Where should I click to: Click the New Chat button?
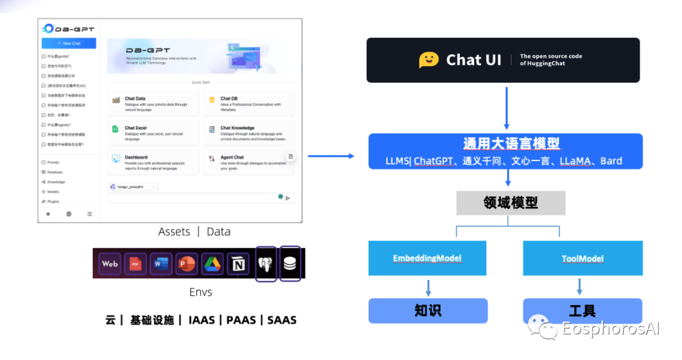69,44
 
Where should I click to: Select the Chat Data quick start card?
153,104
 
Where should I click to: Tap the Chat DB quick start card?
248,104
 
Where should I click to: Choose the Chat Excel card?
153,133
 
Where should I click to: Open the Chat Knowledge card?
248,133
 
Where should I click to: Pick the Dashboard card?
153,162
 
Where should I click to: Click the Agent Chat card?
248,162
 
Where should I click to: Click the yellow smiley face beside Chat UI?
429,60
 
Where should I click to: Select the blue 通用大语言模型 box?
505,151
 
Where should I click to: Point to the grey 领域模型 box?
510,203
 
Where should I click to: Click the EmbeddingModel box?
428,258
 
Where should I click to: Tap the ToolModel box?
582,258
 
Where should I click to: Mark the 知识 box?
428,311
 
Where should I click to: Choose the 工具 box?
582,311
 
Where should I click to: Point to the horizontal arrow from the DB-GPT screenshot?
331,156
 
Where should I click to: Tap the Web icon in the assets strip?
110,263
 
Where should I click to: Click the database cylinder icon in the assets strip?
290,263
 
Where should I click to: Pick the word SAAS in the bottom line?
282,320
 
